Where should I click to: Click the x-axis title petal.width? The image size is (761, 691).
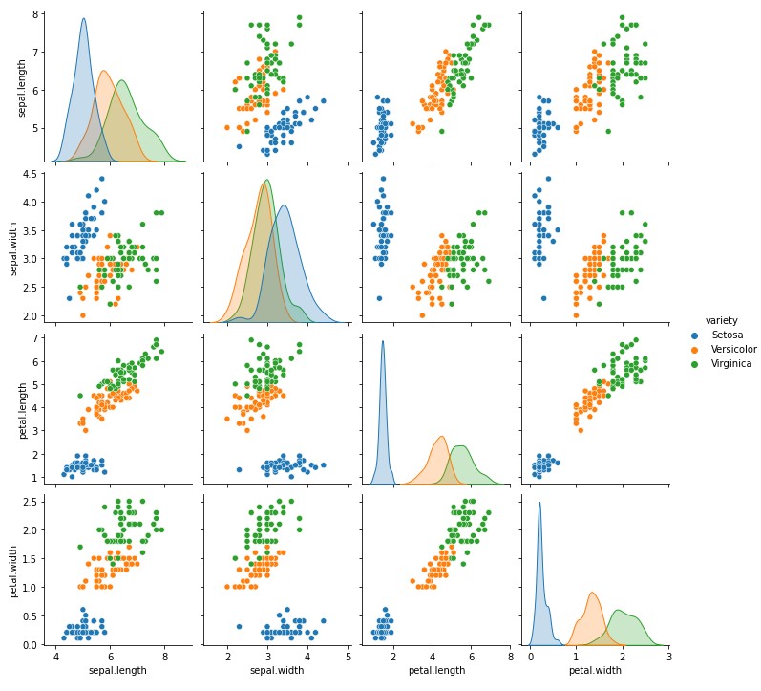click(595, 670)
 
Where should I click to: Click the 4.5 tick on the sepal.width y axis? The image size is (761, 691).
click(29, 174)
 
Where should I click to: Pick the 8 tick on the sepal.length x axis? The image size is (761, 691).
click(164, 657)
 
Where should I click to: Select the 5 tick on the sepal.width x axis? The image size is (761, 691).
click(348, 657)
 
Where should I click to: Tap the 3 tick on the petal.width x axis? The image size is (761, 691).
click(668, 657)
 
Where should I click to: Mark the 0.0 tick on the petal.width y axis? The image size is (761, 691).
click(29, 645)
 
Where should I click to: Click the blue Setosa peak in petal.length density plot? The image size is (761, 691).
click(383, 342)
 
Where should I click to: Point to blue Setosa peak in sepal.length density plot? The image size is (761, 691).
click(83, 19)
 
